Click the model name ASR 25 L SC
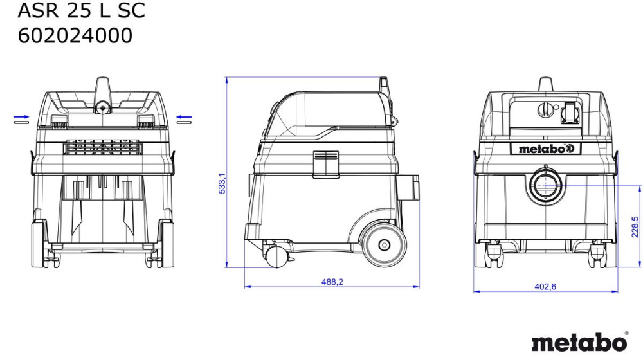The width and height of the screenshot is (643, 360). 81,10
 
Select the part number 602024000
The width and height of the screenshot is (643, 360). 75,35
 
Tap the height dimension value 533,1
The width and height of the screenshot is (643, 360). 222,183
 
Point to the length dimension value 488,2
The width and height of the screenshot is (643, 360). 332,282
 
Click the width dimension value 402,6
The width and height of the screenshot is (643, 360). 545,287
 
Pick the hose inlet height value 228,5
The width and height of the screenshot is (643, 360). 635,227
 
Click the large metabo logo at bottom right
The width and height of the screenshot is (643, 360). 579,343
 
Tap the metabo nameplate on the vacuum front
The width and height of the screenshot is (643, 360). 545,149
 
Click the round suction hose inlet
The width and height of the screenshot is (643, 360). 545,185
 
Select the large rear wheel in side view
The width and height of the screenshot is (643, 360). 384,245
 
